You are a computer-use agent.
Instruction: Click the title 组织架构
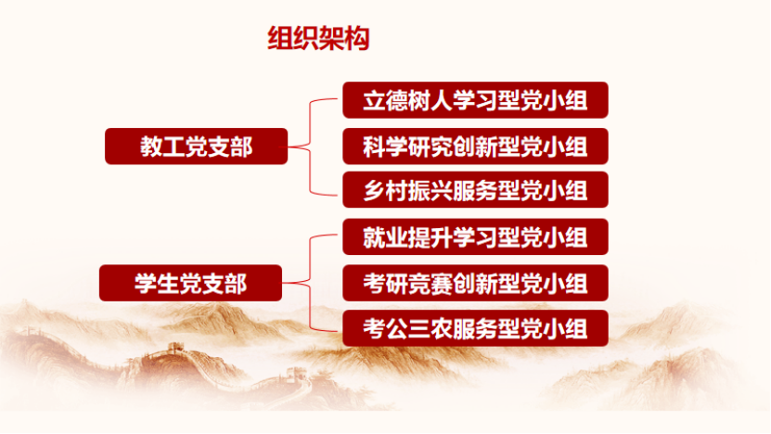coord(318,38)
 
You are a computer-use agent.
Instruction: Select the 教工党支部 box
coord(196,147)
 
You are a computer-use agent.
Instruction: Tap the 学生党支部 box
coord(190,283)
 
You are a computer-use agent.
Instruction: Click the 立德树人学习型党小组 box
coord(475,100)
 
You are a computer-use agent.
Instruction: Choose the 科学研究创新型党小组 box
coord(475,147)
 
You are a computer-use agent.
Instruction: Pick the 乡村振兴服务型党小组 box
coord(475,190)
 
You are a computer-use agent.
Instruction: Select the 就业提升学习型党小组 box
coord(475,236)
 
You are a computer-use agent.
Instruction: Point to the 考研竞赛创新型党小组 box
coord(475,283)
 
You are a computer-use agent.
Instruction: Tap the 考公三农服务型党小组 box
coord(475,328)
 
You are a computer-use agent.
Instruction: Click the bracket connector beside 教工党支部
coord(310,147)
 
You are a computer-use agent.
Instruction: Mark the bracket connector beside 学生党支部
coord(310,283)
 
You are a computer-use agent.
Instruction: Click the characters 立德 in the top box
coord(385,100)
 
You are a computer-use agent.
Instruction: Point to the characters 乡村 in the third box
coord(385,190)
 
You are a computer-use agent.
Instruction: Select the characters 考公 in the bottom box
coord(385,328)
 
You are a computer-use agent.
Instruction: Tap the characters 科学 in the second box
coord(385,147)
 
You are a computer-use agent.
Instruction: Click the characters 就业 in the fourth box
coord(385,236)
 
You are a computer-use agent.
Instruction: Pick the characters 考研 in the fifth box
coord(385,283)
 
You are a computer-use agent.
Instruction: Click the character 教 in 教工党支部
coord(151,147)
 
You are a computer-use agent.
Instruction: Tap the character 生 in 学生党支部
coord(168,283)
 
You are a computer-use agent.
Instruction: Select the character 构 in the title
coord(357,38)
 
